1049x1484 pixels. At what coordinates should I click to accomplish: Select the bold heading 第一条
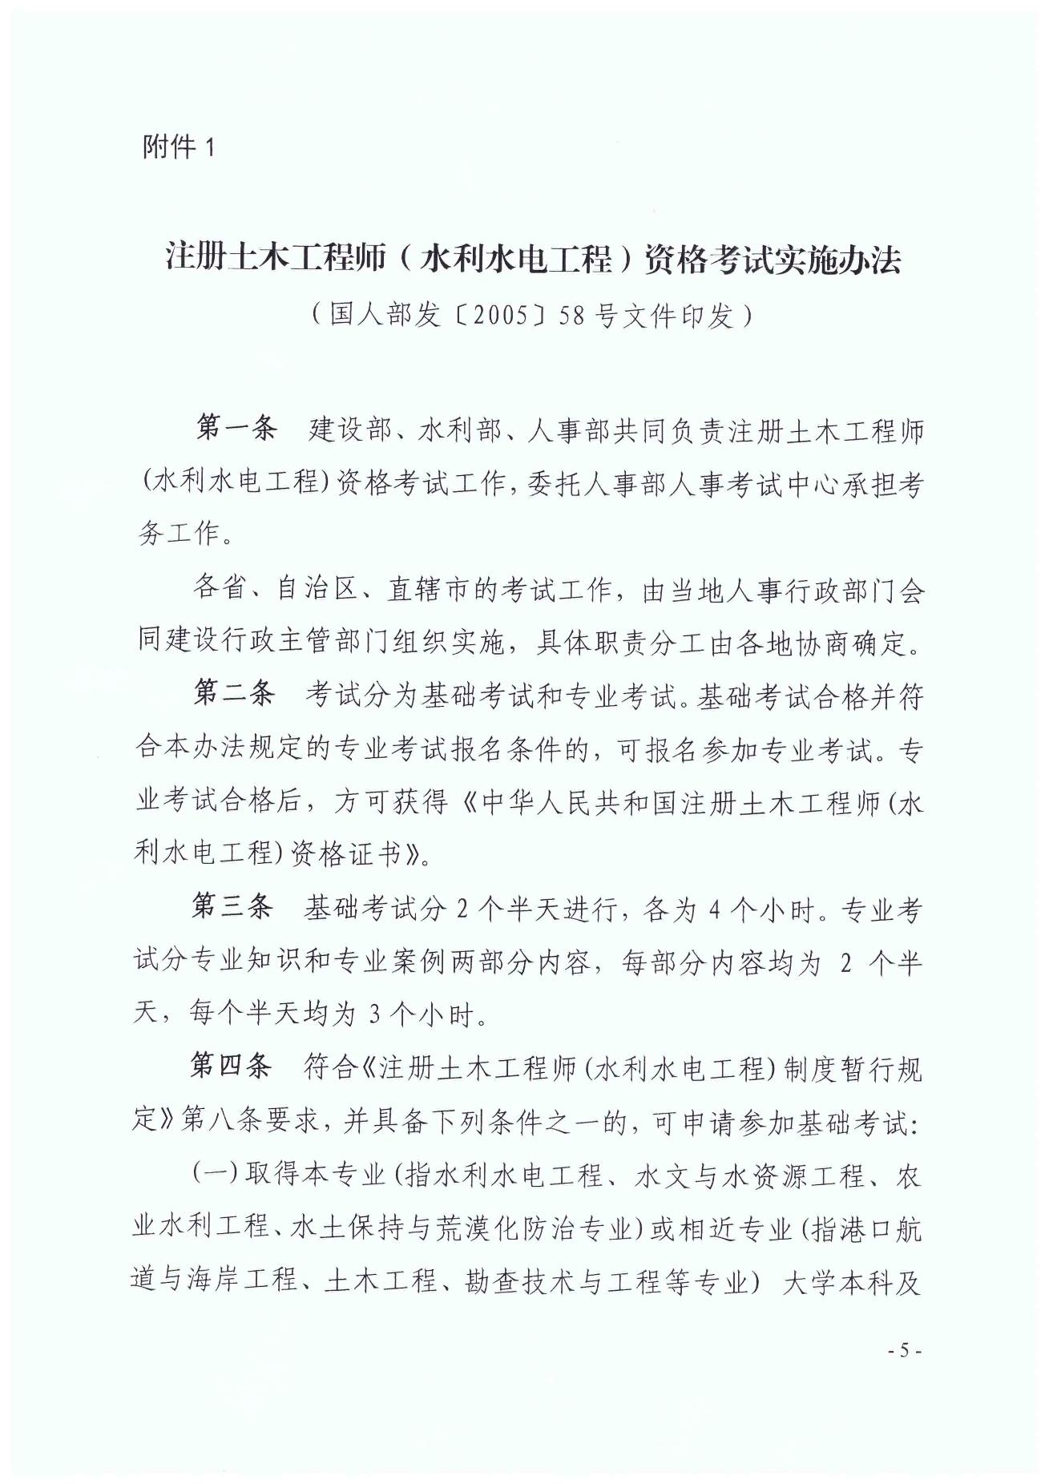236,429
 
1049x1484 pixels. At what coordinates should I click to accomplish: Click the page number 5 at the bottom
906,1350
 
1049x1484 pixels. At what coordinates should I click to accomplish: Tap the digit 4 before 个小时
714,909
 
